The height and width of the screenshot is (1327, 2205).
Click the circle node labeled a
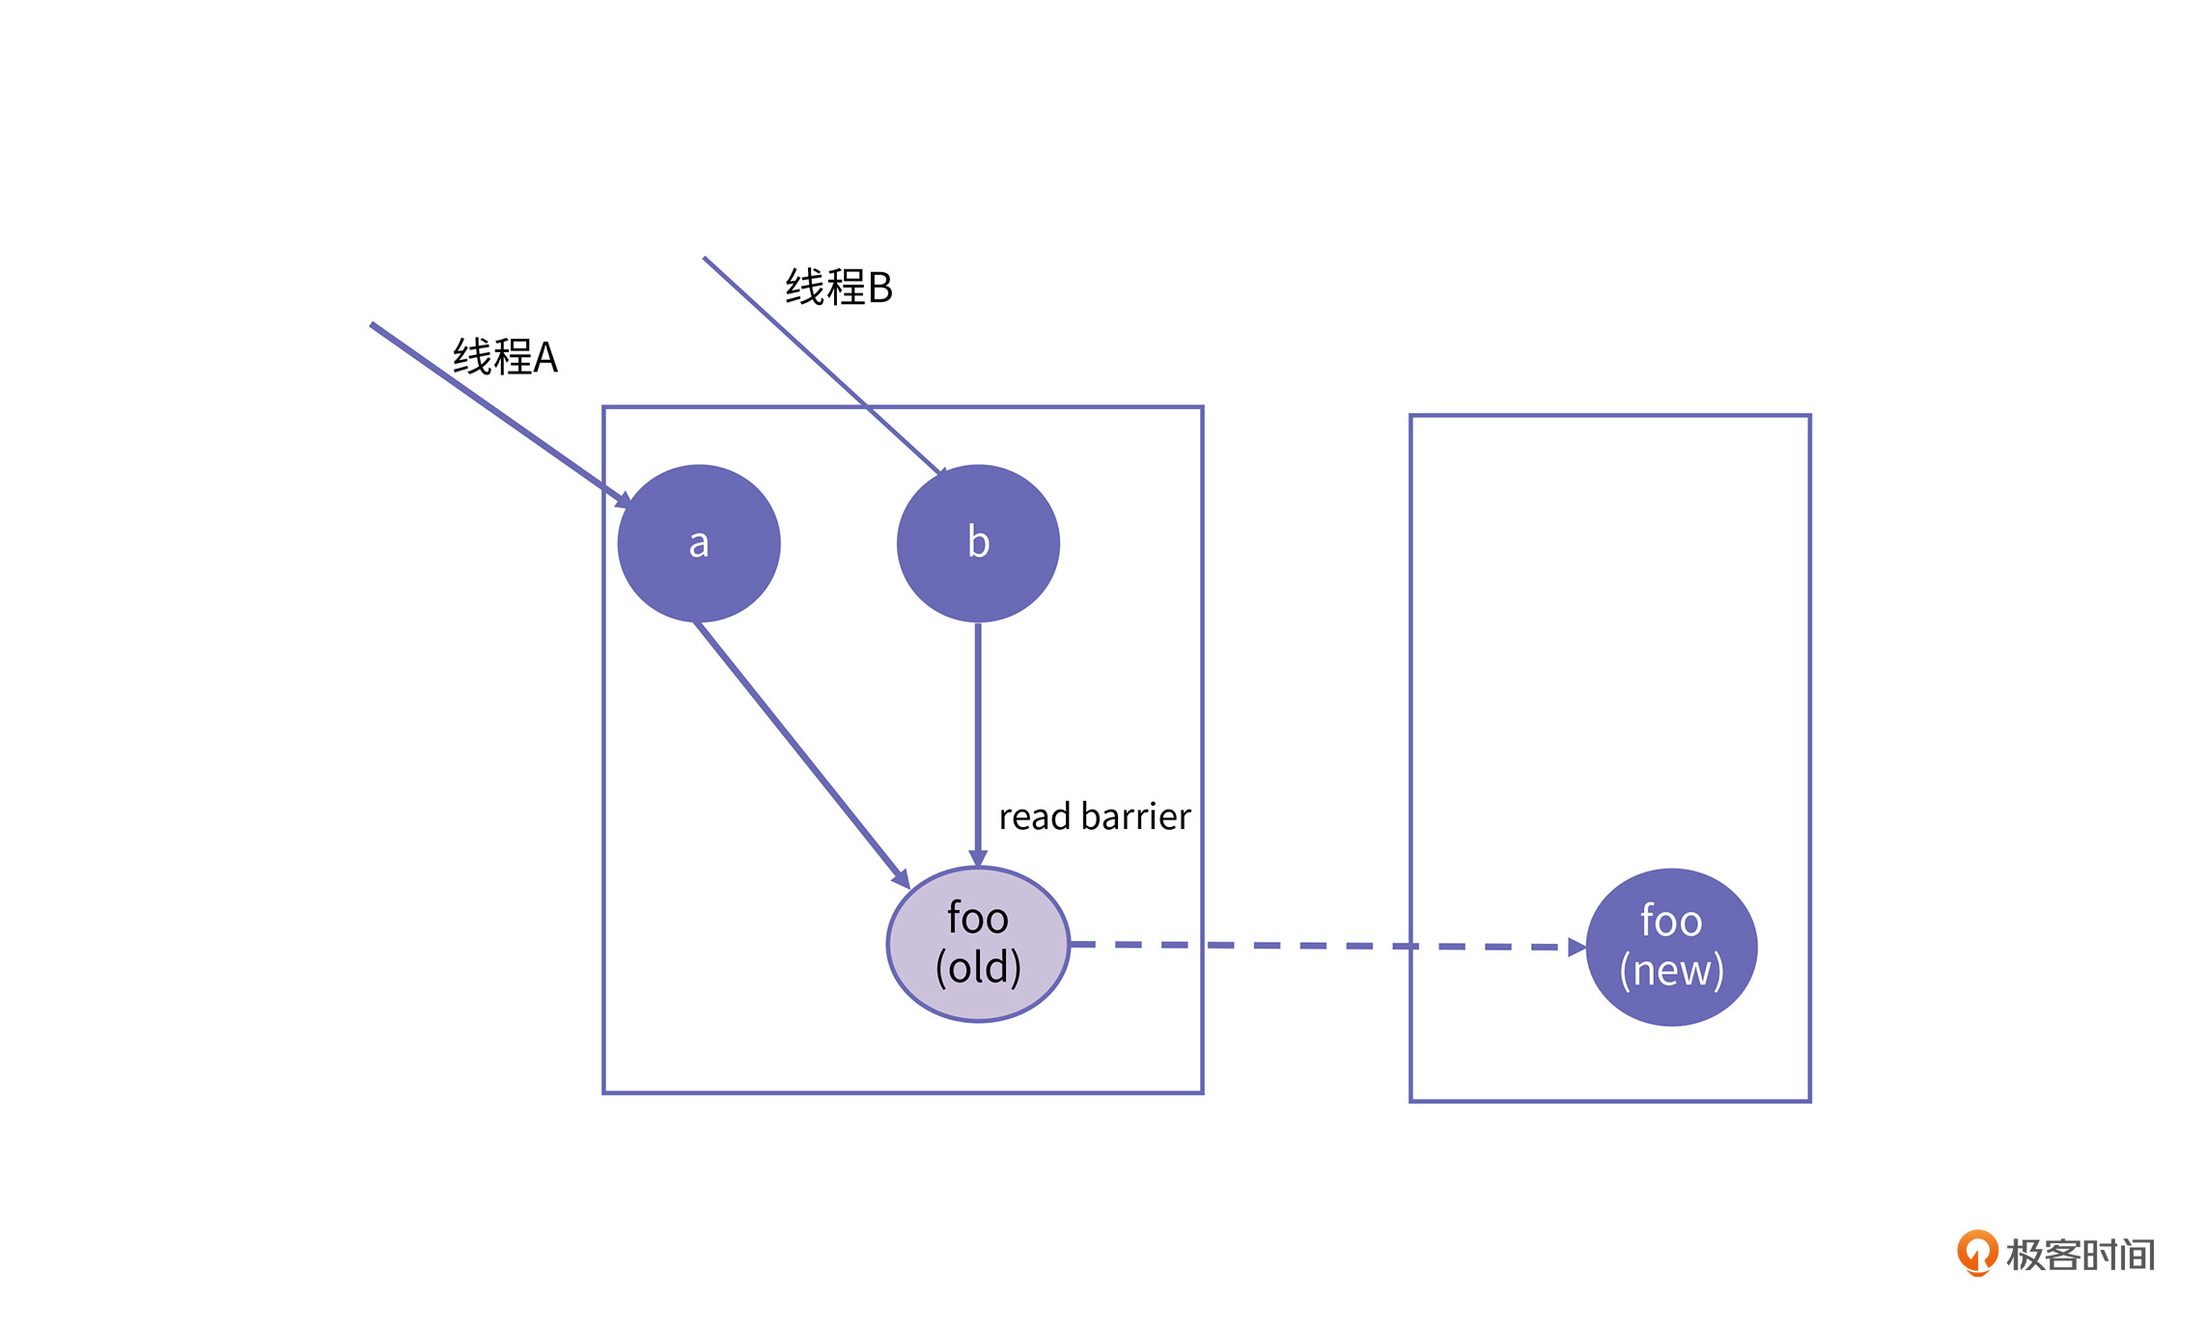point(698,543)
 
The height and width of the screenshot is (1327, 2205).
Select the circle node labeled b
point(978,543)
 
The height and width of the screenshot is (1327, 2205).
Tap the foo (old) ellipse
point(978,944)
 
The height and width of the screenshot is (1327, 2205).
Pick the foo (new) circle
point(1671,947)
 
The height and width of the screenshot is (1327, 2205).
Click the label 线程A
point(505,357)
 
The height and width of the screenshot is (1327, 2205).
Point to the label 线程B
point(838,288)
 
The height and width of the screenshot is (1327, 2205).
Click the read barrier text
point(1094,816)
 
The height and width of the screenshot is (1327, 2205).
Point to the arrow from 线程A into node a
point(492,410)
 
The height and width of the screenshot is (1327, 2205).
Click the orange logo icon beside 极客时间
point(1976,1252)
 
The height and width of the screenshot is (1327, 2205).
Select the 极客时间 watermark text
point(2080,1255)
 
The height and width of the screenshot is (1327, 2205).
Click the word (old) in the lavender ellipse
point(978,968)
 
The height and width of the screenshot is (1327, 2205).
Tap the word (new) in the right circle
point(1671,971)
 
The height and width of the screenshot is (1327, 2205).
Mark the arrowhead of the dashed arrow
point(1577,948)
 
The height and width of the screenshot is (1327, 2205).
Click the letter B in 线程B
point(879,288)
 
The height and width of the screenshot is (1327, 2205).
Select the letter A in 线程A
point(545,358)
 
